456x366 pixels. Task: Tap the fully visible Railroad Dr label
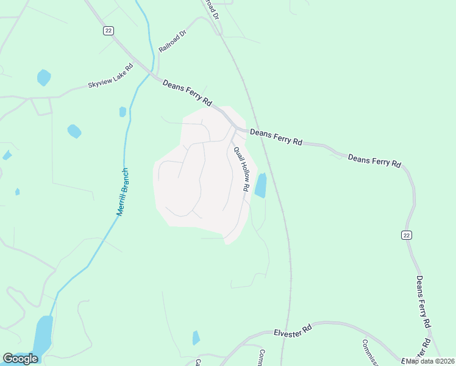coord(171,41)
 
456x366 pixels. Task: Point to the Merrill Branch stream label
coord(123,192)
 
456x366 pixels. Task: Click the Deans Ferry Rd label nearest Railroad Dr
coord(187,91)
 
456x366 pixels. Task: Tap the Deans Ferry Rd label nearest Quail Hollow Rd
coord(276,136)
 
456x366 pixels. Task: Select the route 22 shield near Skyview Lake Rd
coord(109,30)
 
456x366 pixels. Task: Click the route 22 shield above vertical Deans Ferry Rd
coord(406,235)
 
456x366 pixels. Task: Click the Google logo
coord(20,359)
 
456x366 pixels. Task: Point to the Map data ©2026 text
coord(430,361)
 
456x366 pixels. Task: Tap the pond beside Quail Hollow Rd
coord(260,185)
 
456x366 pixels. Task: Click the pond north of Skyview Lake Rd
coord(43,77)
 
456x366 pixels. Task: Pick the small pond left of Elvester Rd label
coord(196,337)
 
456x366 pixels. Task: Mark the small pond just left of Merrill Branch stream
coord(123,112)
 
